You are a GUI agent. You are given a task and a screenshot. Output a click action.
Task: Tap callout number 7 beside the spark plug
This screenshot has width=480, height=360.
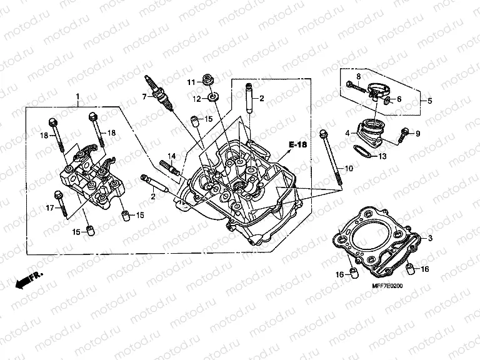tap(144, 97)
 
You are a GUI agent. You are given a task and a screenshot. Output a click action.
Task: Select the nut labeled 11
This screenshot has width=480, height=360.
tap(207, 80)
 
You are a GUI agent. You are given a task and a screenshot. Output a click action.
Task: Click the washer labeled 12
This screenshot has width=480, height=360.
tap(212, 97)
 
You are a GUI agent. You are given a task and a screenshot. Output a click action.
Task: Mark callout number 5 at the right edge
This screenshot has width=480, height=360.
tap(429, 101)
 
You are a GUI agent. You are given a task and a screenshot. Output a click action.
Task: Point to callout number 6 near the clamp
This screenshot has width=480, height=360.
tap(399, 99)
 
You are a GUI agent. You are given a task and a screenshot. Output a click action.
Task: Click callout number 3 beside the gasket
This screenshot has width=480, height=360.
tap(429, 239)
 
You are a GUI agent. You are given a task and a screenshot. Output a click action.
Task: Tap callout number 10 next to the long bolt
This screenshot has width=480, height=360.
tap(349, 169)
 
